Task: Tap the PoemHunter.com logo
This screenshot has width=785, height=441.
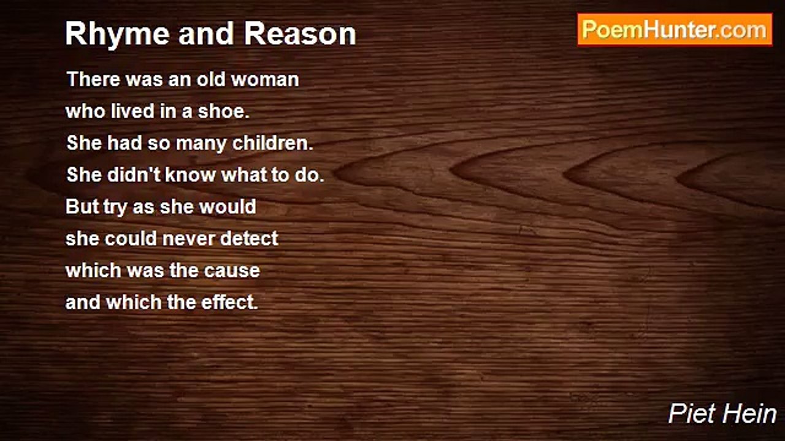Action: coord(675,30)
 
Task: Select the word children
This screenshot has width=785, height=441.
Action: coord(272,143)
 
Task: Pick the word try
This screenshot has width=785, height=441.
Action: coord(116,208)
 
